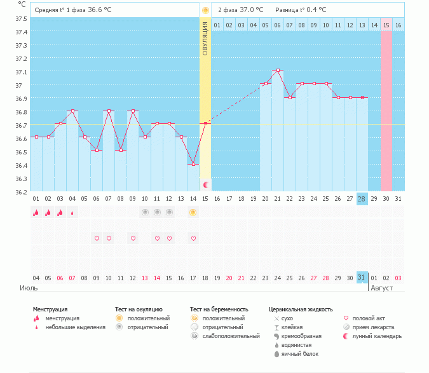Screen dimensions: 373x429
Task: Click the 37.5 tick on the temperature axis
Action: (21, 18)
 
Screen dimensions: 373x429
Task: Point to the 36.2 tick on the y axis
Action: (21, 192)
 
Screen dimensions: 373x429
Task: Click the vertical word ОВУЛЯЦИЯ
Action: (205, 37)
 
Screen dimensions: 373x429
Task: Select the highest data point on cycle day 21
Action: (278, 71)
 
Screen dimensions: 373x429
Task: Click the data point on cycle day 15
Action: (205, 124)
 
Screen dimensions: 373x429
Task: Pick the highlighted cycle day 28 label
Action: (362, 199)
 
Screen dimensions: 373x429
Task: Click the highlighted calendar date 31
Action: (362, 278)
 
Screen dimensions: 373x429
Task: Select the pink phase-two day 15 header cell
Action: (386, 25)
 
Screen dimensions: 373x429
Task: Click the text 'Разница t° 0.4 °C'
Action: (301, 10)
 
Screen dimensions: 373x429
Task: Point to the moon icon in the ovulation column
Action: (205, 184)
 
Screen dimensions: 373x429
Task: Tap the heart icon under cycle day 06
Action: (97, 239)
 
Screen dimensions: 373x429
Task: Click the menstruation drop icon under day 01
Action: (36, 213)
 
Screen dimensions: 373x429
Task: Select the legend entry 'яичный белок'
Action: (300, 353)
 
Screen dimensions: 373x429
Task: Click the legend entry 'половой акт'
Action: (369, 318)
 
